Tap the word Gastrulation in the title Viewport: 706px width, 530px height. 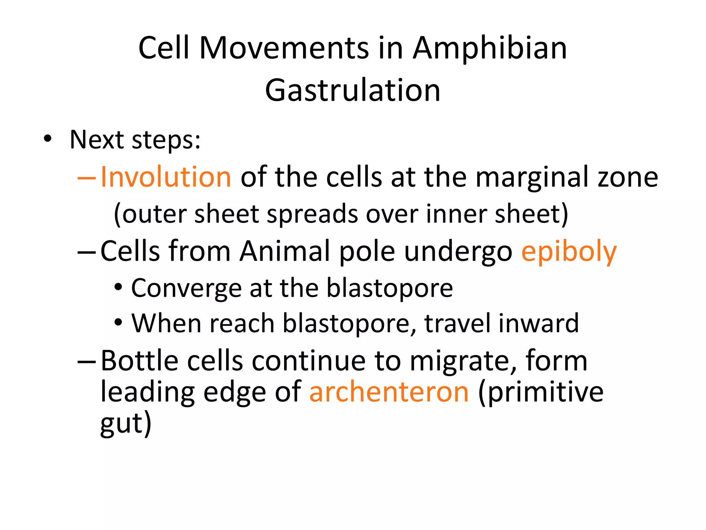click(x=353, y=90)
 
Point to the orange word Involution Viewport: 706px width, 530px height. click(x=166, y=177)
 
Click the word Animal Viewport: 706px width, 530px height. click(x=285, y=251)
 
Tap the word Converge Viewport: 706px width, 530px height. click(x=186, y=288)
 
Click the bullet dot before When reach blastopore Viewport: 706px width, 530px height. click(x=118, y=323)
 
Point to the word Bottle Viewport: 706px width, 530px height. click(x=140, y=361)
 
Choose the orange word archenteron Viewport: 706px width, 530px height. click(x=389, y=392)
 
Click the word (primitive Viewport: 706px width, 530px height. click(x=541, y=393)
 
